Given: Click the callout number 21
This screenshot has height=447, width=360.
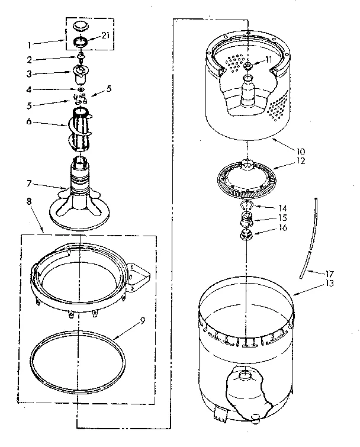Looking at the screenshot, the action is [105, 36].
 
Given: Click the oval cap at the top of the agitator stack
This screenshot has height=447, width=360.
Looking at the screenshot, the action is [81, 26].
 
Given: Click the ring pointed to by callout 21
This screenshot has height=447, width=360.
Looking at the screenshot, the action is [81, 43].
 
